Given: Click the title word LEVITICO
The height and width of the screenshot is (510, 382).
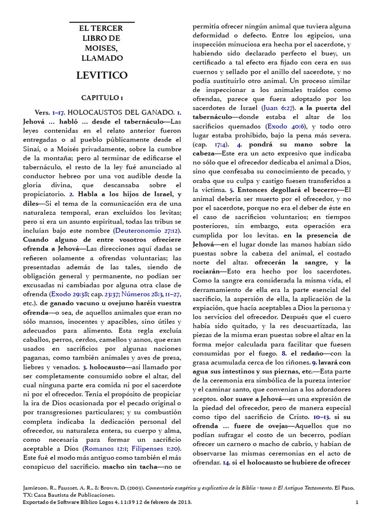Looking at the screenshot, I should pyautogui.click(x=101, y=75).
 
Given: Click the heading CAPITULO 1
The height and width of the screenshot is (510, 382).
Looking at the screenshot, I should pyautogui.click(x=101, y=97).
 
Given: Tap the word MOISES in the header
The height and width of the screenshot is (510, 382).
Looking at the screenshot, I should pyautogui.click(x=101, y=48).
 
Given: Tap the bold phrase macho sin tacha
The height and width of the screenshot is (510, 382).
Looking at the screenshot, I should pyautogui.click(x=130, y=468).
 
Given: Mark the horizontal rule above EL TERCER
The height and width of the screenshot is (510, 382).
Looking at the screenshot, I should pyautogui.click(x=101, y=22).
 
